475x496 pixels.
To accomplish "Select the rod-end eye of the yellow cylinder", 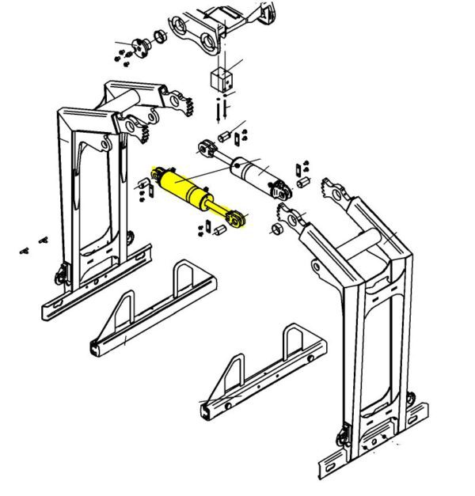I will click(x=237, y=215).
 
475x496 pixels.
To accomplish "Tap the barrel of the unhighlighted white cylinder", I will click(x=252, y=169).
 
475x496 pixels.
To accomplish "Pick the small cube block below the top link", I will click(x=220, y=79).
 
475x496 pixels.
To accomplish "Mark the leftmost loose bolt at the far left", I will click(x=25, y=252).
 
